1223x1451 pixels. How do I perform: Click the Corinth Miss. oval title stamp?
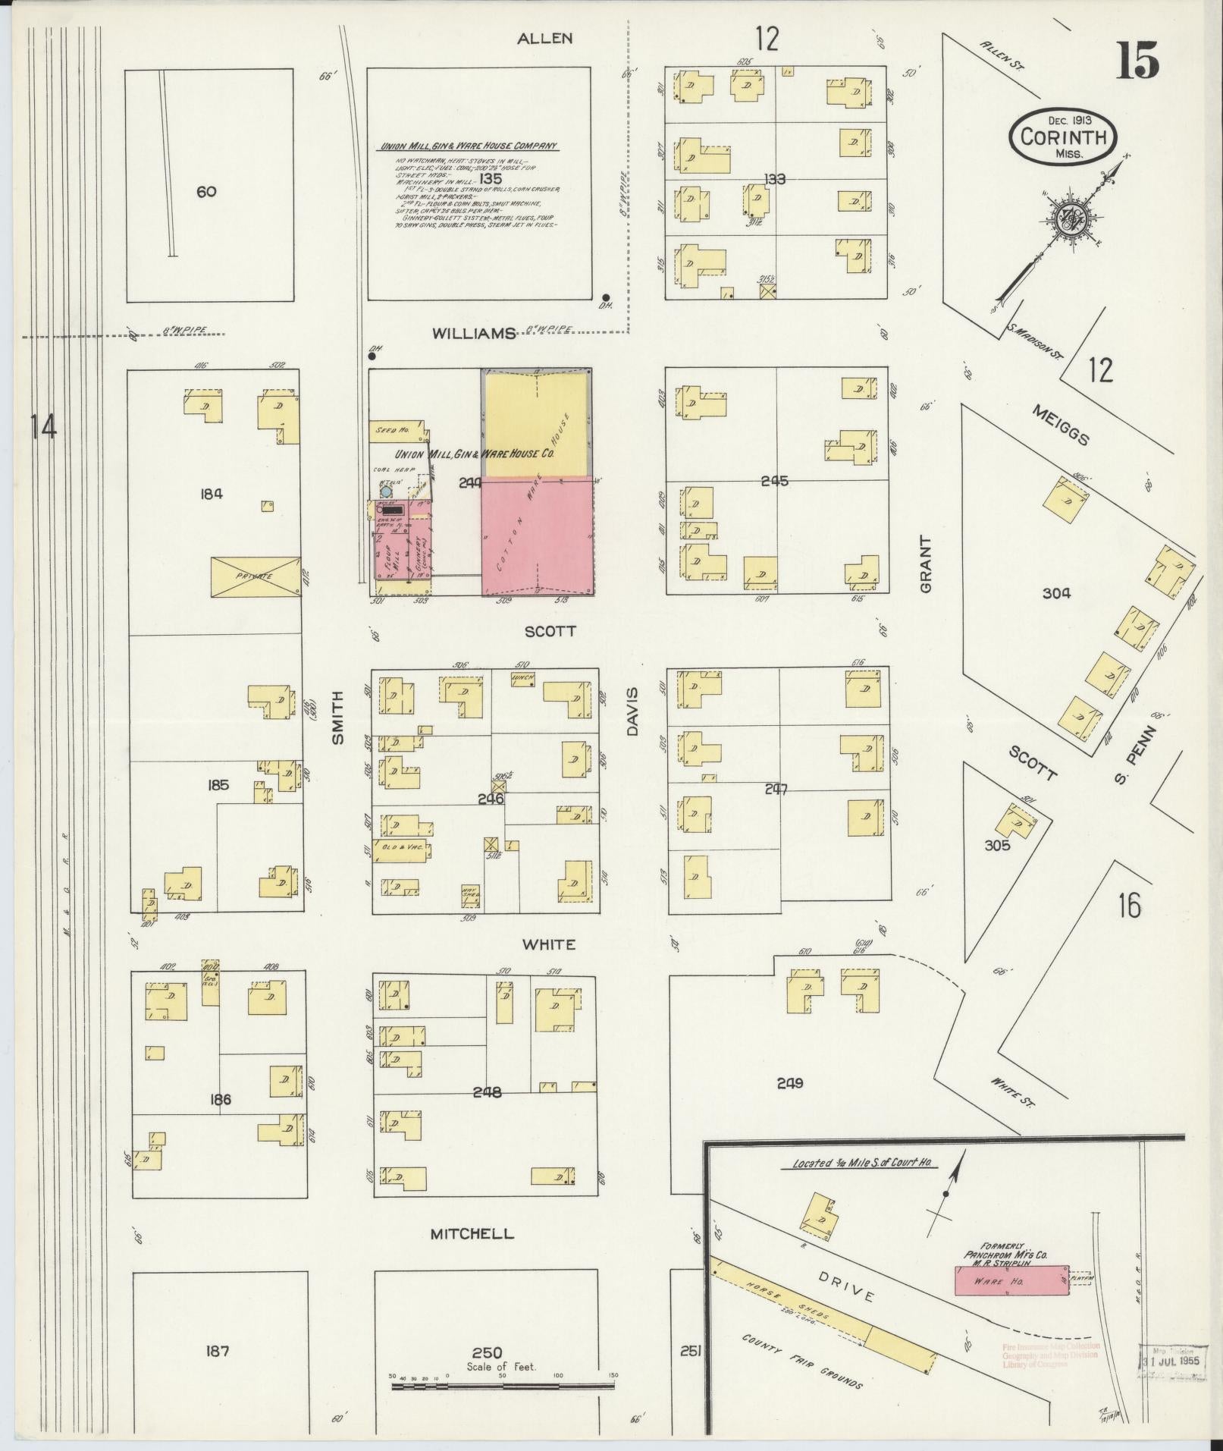point(1062,137)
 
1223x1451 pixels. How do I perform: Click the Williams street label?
point(475,334)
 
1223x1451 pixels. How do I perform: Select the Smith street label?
point(338,717)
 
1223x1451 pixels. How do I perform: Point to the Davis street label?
point(633,711)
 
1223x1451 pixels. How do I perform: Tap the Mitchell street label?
point(472,1234)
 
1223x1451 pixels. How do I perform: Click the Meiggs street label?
point(1061,426)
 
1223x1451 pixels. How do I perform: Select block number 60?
point(206,192)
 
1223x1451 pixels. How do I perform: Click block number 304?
point(1055,594)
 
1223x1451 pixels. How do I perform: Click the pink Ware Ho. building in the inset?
point(1011,1280)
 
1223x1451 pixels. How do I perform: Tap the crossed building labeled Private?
point(254,576)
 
